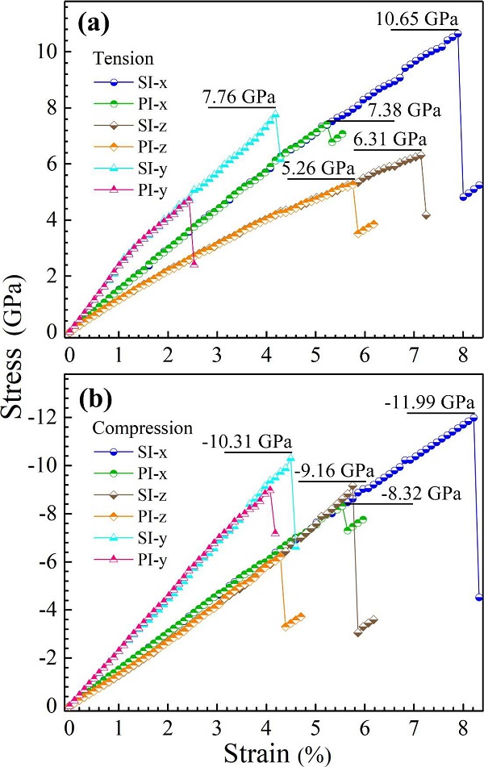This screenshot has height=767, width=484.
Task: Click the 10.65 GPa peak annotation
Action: point(417,19)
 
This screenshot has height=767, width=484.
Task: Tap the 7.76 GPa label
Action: point(240,97)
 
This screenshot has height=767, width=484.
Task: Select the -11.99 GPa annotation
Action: point(429,403)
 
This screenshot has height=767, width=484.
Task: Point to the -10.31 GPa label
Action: point(247,442)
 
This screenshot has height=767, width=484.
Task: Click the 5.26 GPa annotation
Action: point(318,169)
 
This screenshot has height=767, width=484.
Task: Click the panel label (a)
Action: point(93,24)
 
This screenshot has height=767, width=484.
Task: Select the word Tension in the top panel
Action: point(123,58)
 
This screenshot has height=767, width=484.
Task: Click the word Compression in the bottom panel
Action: point(143,428)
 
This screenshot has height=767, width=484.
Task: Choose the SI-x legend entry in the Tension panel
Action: point(131,82)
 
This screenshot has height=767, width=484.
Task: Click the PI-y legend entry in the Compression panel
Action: point(131,559)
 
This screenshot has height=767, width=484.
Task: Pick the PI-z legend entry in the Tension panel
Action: point(131,147)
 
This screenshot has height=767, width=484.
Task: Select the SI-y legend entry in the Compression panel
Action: point(131,538)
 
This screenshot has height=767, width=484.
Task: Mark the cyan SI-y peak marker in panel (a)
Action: point(276,114)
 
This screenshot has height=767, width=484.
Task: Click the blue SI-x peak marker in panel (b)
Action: point(474,418)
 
